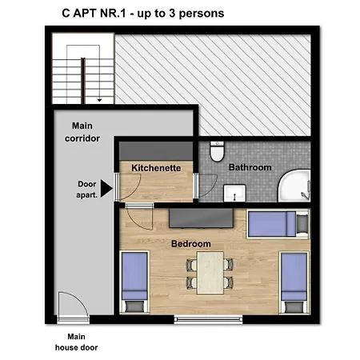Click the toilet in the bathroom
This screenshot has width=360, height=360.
(x=217, y=151)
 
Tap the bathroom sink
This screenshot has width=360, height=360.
(x=234, y=193)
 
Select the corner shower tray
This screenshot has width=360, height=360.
(x=294, y=186)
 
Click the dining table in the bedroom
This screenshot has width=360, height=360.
(x=210, y=273)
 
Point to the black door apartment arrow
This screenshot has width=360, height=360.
(x=106, y=189)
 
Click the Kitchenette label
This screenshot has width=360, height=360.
(x=156, y=168)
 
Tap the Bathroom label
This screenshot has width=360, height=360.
(x=250, y=167)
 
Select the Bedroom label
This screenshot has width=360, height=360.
(x=191, y=244)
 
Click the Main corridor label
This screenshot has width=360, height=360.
(x=82, y=132)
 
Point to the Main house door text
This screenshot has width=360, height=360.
(x=76, y=342)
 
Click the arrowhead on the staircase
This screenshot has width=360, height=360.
(x=99, y=101)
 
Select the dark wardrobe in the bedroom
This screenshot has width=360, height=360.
(x=201, y=218)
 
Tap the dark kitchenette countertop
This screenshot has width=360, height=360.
(x=156, y=151)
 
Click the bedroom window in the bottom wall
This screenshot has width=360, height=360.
(x=208, y=319)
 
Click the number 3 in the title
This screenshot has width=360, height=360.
(x=172, y=13)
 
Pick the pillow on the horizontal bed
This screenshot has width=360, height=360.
(x=302, y=223)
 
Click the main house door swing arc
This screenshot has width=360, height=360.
(x=78, y=299)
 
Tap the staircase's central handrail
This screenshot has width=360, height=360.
(x=83, y=81)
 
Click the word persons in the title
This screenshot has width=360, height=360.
(x=202, y=14)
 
